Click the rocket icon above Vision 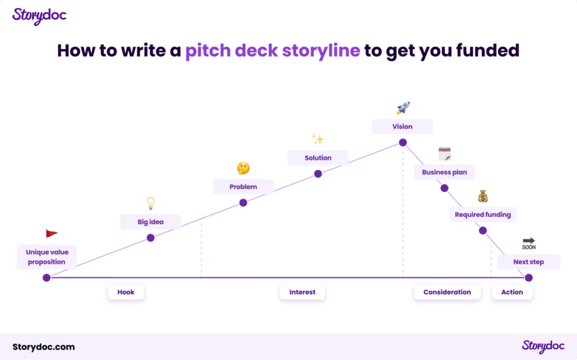click(403, 108)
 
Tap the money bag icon click(483, 197)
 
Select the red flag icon click(51, 234)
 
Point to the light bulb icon click(150, 203)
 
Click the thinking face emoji click(243, 168)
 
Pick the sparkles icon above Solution click(318, 139)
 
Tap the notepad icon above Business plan click(445, 154)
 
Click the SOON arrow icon click(529, 244)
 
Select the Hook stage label click(126, 292)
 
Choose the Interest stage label click(303, 292)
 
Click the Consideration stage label click(447, 292)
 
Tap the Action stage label click(512, 292)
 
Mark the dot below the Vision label click(403, 143)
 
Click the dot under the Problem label click(243, 203)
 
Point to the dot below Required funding click(483, 231)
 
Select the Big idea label click(150, 222)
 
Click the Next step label click(529, 262)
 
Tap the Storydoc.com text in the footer click(43, 347)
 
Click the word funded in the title click(487, 51)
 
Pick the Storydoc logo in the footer click(543, 346)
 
